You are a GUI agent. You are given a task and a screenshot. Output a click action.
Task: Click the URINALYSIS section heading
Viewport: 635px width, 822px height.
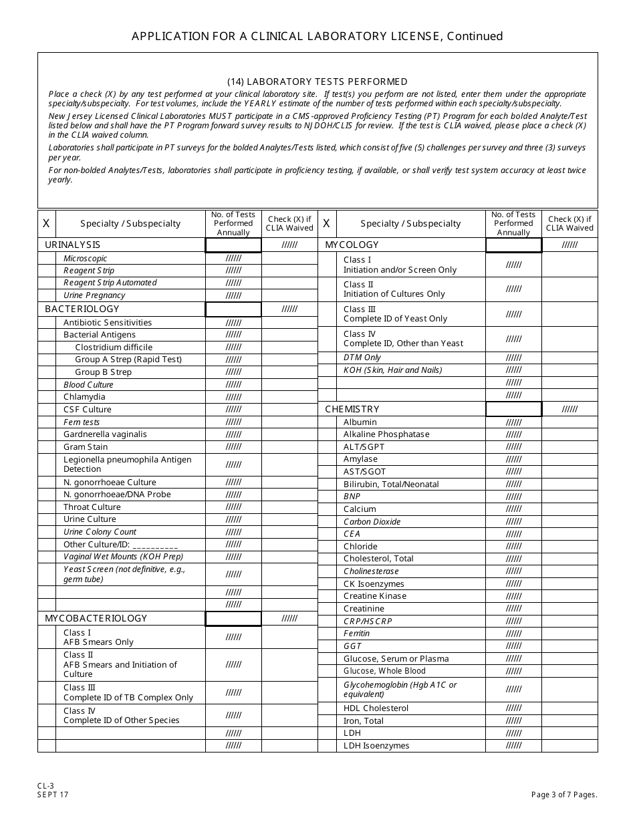point(72,245)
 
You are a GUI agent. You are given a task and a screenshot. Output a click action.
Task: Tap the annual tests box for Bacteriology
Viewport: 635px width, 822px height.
point(233,309)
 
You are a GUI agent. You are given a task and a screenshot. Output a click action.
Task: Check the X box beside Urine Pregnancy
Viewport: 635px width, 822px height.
point(47,295)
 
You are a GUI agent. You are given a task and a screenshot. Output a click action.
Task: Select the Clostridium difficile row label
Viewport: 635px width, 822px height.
point(114,348)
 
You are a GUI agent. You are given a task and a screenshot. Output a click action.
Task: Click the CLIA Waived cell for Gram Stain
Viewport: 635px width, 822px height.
point(289,447)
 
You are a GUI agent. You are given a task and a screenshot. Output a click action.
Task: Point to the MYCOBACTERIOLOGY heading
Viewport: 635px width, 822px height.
point(96,619)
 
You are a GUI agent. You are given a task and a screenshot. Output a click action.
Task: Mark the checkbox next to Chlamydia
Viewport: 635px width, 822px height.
point(47,397)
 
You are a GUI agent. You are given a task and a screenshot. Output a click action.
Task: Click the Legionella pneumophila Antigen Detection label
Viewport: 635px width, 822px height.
point(127,464)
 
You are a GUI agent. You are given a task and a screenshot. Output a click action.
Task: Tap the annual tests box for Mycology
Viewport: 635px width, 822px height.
point(513,245)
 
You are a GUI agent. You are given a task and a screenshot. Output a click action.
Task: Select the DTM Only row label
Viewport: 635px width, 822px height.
point(362,358)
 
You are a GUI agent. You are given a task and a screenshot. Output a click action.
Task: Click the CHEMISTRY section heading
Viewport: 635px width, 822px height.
point(352,409)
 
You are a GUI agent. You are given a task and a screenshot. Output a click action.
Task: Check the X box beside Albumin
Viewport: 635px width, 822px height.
point(327,422)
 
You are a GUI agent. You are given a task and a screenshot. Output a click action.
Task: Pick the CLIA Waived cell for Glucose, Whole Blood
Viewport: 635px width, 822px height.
point(569,671)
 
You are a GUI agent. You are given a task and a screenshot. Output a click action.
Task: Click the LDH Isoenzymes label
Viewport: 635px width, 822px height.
point(376,746)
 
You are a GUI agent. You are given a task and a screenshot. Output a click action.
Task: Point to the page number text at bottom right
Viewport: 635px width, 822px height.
point(564,795)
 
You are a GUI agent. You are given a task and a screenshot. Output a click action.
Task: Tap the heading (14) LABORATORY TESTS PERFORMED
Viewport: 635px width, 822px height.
point(317,82)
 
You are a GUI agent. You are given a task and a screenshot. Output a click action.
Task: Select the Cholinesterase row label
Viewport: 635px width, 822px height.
point(371,571)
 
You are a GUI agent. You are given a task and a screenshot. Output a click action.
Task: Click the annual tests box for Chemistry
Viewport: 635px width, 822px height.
point(513,409)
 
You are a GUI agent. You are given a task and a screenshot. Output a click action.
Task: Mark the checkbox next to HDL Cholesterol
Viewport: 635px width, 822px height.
point(327,708)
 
